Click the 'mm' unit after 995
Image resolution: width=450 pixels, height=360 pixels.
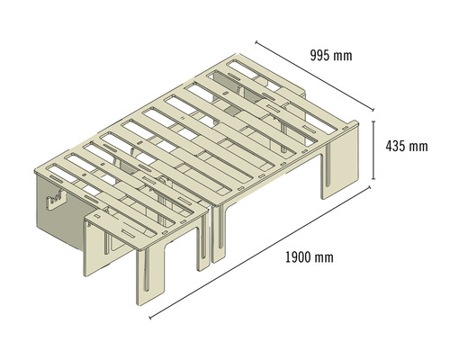tap(343, 57)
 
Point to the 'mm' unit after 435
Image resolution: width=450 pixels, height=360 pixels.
tap(418, 147)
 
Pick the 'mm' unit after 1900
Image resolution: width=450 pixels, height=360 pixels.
tap(324, 258)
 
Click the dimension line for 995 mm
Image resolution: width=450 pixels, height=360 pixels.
tap(315, 76)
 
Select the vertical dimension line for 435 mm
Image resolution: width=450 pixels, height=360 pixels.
tap(373, 150)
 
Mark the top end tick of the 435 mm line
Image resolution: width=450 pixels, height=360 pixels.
tap(373, 121)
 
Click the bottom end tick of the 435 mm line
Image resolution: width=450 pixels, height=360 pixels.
tap(373, 179)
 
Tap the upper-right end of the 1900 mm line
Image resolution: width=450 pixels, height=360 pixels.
tap(370, 187)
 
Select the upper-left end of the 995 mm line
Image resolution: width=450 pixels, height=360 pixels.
tap(256, 42)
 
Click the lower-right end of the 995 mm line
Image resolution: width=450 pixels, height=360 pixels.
tap(373, 110)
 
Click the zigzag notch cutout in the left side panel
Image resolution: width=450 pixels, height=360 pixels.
tap(56, 199)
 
